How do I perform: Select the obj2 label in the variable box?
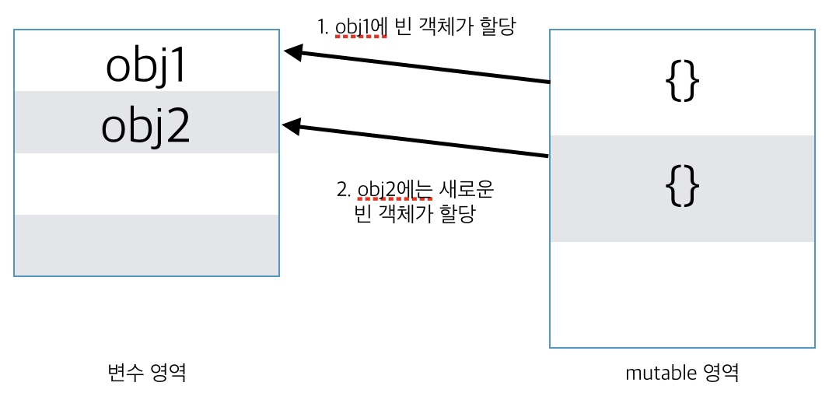146,126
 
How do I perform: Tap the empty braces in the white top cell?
682,82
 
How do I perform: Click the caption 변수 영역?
146,373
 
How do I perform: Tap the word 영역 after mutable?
720,373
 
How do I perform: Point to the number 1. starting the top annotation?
324,27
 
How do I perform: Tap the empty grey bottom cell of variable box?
146,244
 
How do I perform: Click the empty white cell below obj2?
146,184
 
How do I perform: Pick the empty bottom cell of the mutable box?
682,294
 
